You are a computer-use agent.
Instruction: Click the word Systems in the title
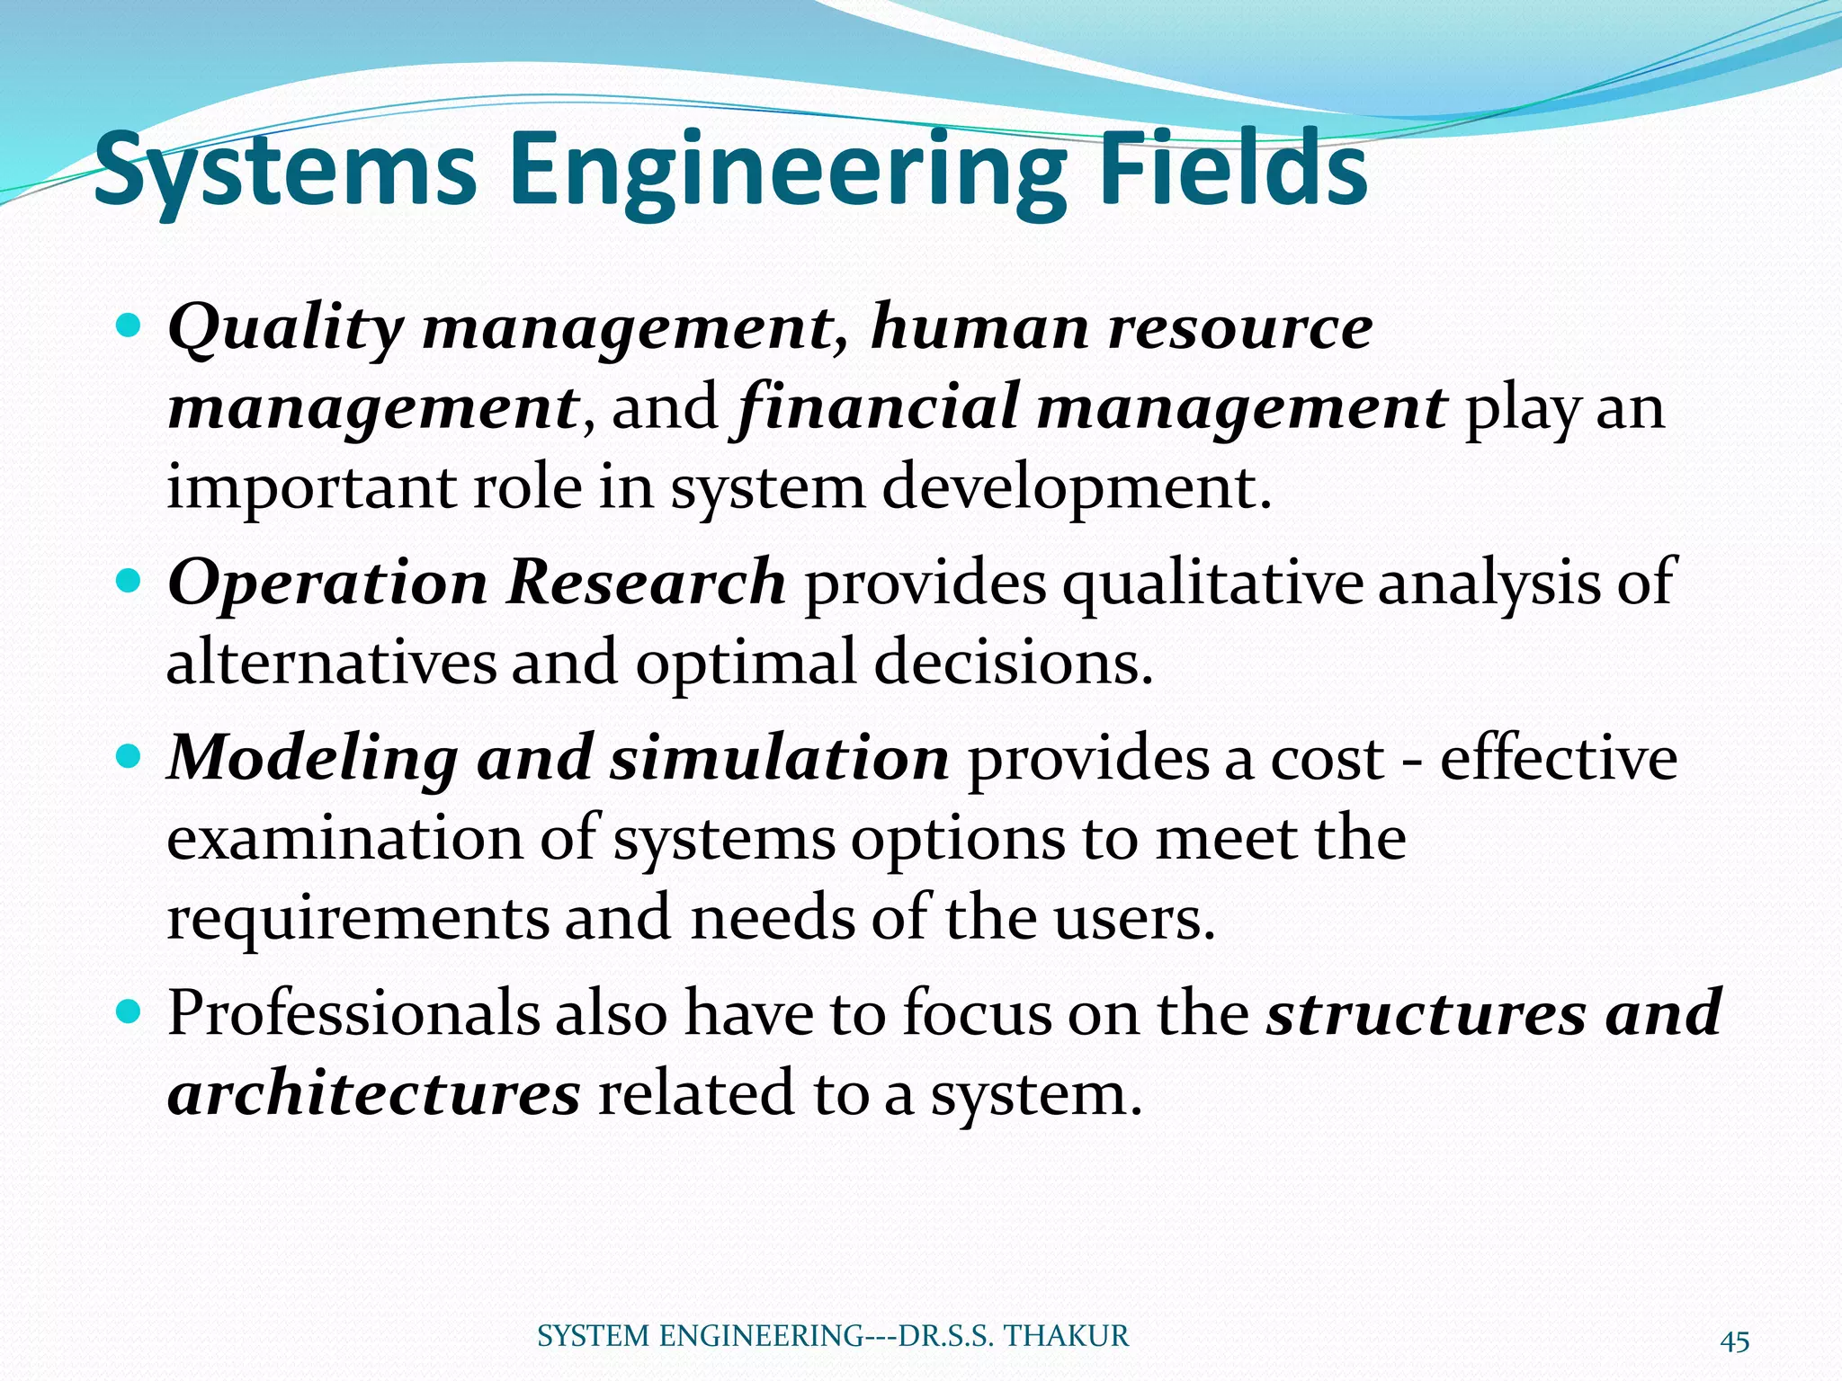coord(285,171)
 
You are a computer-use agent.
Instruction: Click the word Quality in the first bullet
coord(285,327)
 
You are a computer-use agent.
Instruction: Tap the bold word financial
coord(877,407)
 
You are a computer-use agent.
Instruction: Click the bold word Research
coord(645,582)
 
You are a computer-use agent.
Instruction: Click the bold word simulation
coord(779,758)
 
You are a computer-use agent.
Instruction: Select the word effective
coord(1558,758)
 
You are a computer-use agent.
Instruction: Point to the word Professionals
coord(353,1013)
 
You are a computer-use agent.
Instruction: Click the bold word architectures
coord(374,1093)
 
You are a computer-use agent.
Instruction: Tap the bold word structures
coord(1426,1013)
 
